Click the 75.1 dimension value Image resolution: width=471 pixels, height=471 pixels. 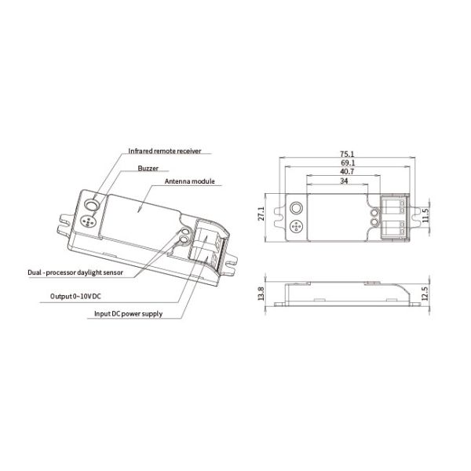tap(346, 154)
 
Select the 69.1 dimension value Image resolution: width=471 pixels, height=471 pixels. tap(346, 162)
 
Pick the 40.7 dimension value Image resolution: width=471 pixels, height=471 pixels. tap(346, 171)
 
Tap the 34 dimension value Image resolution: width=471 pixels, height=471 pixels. tap(346, 181)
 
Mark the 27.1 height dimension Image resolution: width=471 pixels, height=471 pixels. tap(262, 214)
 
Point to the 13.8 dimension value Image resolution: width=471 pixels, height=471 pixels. tap(262, 294)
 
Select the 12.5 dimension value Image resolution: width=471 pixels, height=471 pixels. tap(425, 294)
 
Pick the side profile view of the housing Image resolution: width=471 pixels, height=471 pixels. tap(346, 293)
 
